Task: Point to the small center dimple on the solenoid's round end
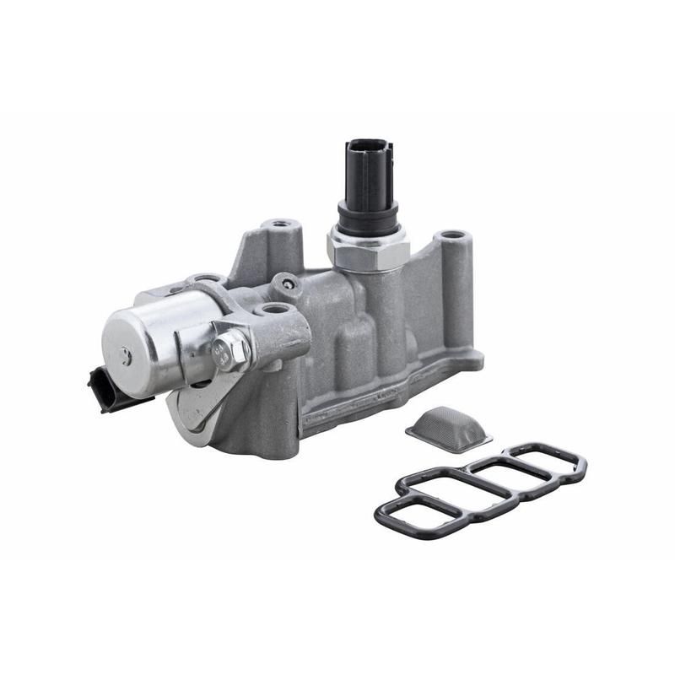[126, 355]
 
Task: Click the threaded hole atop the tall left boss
[279, 227]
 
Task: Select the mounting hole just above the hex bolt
[271, 310]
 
